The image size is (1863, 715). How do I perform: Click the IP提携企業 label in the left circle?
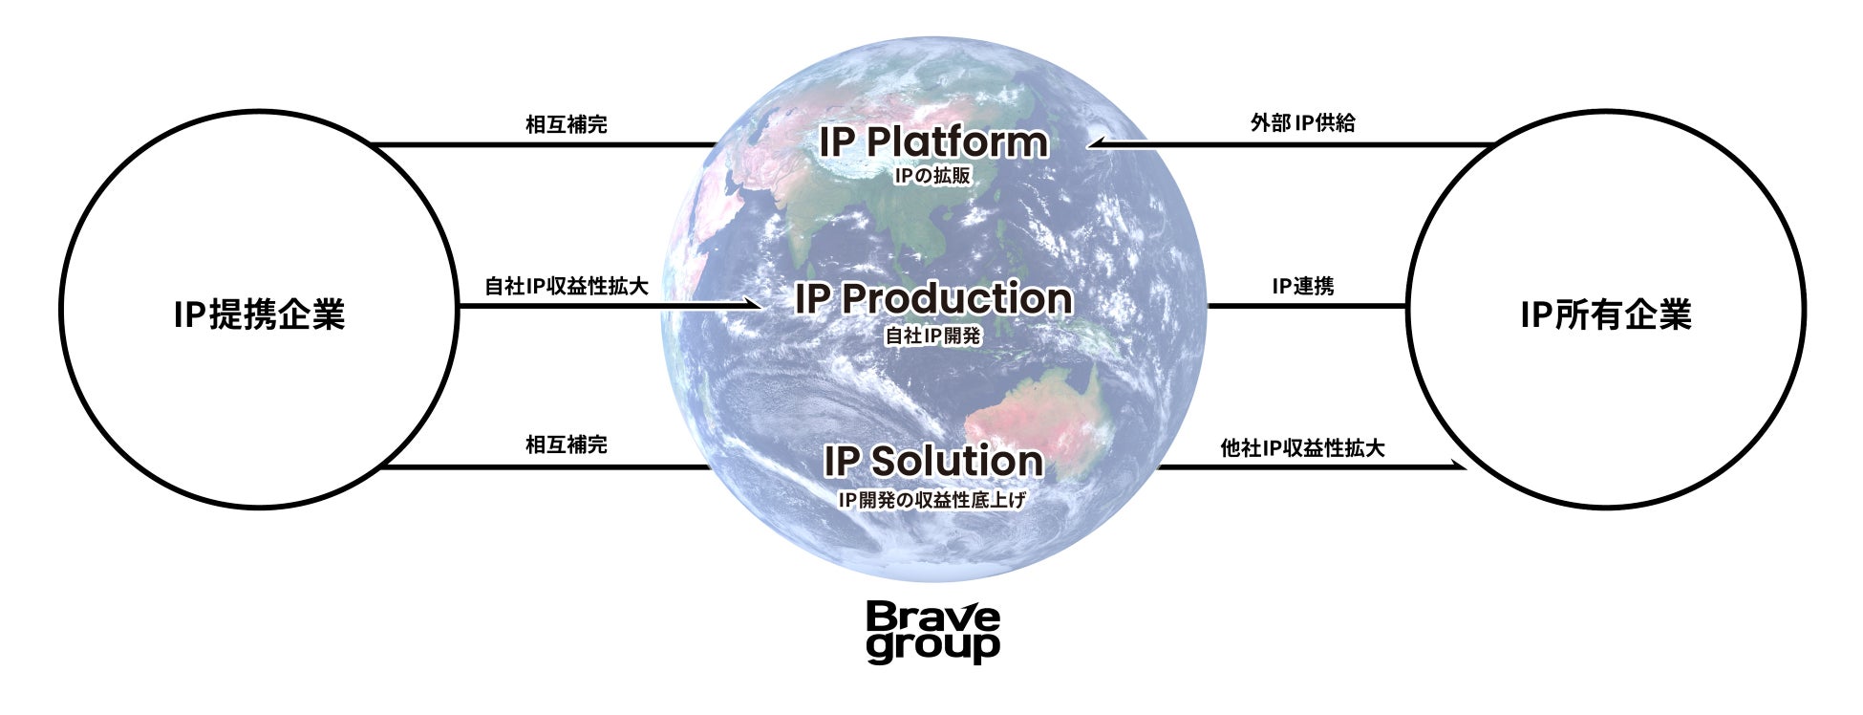click(x=259, y=314)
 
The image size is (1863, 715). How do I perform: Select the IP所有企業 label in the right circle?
click(x=1605, y=314)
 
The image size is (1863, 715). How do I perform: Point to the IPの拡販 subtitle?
click(x=932, y=176)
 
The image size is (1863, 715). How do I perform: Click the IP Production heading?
click(x=932, y=298)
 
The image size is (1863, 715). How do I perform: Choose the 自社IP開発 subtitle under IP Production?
click(x=932, y=336)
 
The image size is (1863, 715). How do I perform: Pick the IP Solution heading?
click(x=932, y=461)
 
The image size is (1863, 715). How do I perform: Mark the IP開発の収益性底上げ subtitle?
click(x=932, y=499)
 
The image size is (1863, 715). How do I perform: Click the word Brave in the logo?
click(x=932, y=617)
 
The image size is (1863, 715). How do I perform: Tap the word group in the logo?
click(x=932, y=647)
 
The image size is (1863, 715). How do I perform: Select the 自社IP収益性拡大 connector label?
click(x=567, y=286)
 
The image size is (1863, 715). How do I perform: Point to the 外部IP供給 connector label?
click(x=1302, y=123)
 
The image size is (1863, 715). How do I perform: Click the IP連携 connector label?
click(x=1302, y=286)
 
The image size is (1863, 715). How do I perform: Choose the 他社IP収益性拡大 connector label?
click(x=1302, y=447)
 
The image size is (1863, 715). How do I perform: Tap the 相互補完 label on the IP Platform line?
click(x=567, y=124)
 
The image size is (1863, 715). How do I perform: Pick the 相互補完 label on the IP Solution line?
click(x=567, y=444)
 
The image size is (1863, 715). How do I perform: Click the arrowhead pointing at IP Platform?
click(x=1098, y=144)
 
